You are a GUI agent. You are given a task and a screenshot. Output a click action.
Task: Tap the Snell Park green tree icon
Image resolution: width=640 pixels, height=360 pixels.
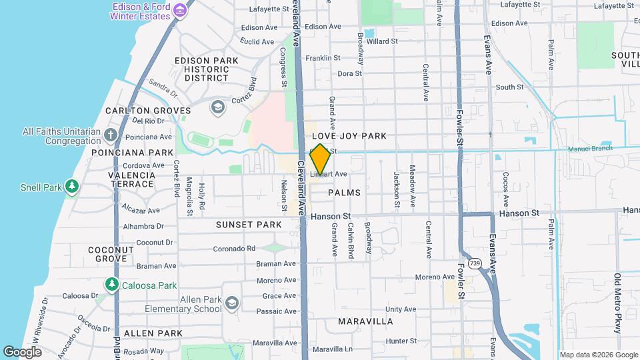pos(72,187)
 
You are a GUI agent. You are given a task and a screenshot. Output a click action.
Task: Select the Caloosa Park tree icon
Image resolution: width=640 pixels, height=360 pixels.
pos(112,285)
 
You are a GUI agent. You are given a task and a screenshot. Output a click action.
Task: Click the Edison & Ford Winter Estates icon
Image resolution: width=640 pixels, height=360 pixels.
pos(179,11)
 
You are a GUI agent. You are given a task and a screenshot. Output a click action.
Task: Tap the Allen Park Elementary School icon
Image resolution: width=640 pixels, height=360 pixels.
pos(231,304)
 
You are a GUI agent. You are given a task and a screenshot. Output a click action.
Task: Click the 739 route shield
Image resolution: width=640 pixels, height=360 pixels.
pos(475,263)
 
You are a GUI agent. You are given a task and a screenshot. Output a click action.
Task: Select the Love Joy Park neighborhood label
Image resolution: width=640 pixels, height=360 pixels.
pos(349,136)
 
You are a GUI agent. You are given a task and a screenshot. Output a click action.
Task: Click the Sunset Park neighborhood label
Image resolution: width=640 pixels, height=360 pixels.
pos(249,225)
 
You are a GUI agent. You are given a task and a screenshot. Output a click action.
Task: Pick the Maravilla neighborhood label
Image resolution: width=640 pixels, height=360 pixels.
pos(365,321)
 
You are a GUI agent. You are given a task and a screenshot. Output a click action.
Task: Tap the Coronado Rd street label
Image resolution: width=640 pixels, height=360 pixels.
pos(234,249)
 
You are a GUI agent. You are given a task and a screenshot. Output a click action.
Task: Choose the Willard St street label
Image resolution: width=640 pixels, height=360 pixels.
pos(382,41)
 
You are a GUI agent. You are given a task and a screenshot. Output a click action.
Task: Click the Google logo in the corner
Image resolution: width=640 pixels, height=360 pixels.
pos(23,351)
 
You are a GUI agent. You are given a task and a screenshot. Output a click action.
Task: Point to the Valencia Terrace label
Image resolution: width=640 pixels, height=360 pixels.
pos(132,180)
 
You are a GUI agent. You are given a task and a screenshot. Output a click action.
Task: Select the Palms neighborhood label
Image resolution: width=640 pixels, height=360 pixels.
pos(344,193)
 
